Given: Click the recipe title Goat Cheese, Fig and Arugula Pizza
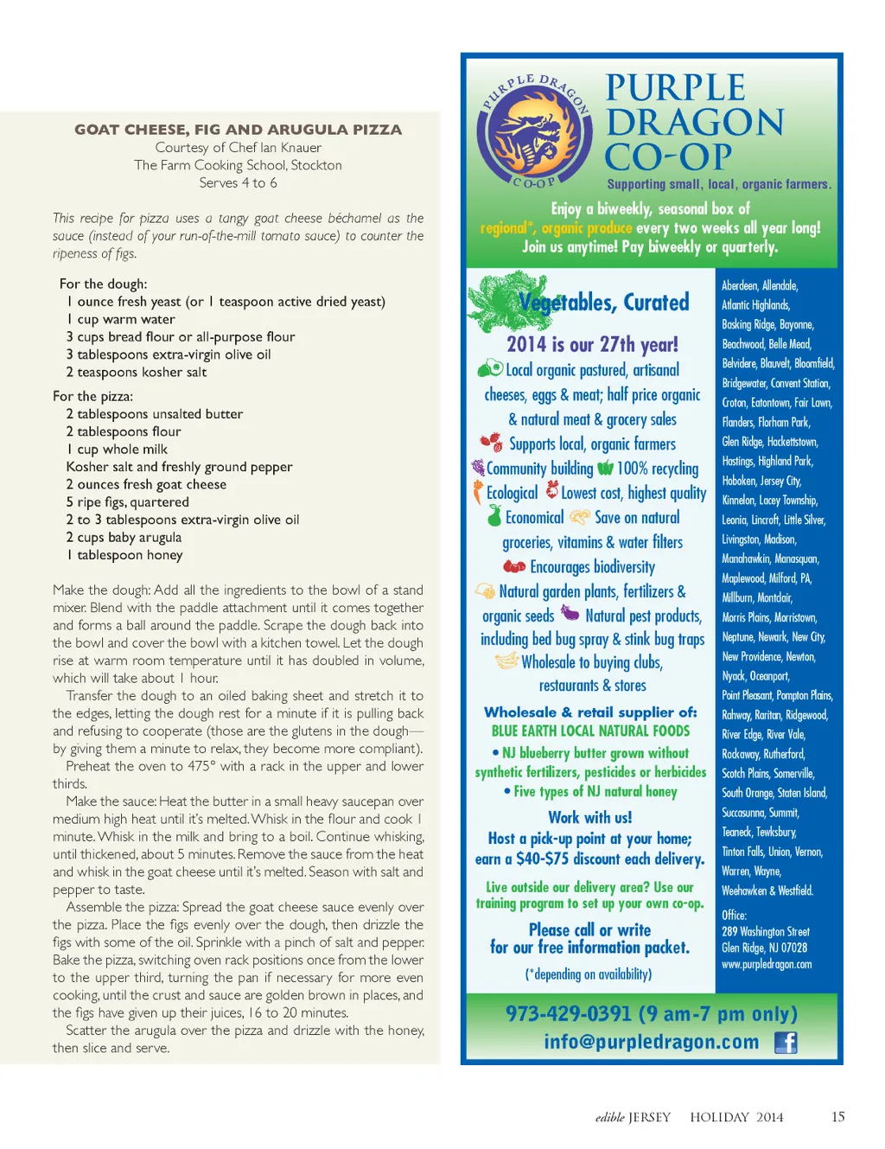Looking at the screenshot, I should tap(238, 130).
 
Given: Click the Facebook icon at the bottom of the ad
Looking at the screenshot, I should tap(786, 1043).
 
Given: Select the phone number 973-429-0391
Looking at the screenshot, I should tap(570, 1013).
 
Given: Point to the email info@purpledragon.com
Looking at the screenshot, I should tap(651, 1042).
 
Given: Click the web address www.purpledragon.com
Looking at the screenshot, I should tap(767, 964).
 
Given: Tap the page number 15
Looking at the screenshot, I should tap(837, 1117).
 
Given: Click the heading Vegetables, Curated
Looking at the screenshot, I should tap(604, 303).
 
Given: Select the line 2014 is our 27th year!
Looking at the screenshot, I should tap(592, 344).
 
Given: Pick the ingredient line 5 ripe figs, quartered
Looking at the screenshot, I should tap(127, 502).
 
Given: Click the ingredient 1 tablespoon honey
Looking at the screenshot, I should tap(124, 555).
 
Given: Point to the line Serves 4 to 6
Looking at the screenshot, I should tap(238, 183).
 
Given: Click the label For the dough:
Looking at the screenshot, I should tap(103, 284).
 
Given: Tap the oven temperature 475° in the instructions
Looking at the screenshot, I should tap(199, 766).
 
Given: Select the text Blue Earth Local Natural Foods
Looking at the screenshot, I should tap(590, 731).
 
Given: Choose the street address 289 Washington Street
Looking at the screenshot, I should tap(766, 931).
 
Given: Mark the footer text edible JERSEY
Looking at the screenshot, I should tap(633, 1117).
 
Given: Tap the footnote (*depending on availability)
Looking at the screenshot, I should tap(589, 974).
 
